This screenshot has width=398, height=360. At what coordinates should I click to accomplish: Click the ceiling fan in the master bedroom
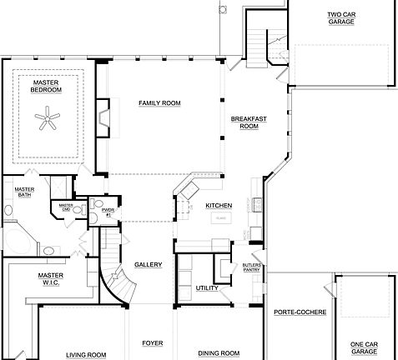48,122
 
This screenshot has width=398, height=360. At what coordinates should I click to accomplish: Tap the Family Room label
159,102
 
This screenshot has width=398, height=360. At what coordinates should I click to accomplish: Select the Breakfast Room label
249,122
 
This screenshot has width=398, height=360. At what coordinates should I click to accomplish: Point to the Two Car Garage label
340,17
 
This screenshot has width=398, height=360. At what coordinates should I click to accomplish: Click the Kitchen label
219,205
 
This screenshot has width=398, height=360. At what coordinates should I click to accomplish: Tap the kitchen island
221,217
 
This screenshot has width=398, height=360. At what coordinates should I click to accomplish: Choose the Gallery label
148,265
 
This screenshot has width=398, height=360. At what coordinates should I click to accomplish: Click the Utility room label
207,288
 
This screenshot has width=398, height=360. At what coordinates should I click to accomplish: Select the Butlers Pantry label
252,267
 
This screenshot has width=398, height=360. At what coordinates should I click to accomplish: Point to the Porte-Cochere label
300,312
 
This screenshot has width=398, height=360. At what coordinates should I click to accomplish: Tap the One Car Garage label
364,348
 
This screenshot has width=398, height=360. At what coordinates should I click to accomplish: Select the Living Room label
86,354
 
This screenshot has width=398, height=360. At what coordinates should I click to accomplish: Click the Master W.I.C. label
51,278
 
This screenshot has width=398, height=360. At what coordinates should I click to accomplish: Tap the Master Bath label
24,192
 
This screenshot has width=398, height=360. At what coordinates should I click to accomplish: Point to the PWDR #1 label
108,212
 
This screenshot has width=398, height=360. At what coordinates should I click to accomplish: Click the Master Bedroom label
47,86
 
